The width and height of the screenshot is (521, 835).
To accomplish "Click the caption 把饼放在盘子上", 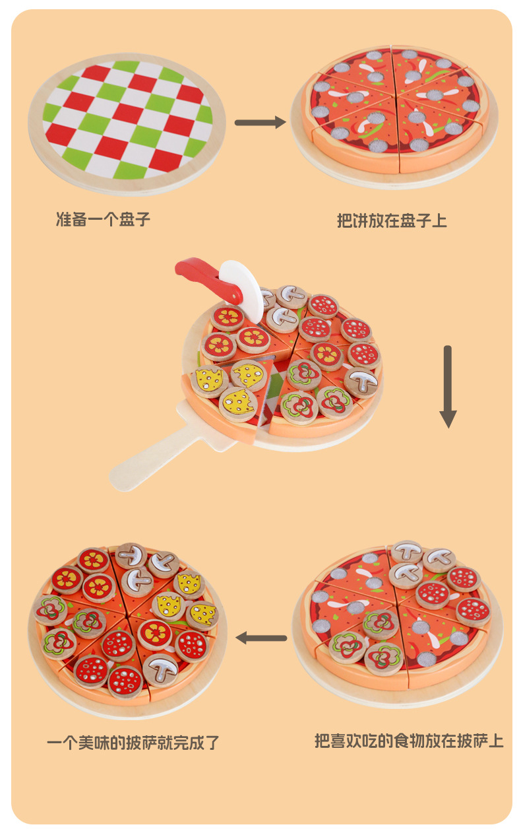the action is click(x=392, y=220).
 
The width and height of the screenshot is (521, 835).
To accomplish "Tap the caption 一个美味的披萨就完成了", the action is click(x=133, y=743).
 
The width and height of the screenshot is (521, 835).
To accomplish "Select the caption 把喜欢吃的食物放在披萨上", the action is click(x=409, y=741).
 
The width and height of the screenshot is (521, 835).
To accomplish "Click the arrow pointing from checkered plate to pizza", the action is click(x=260, y=122).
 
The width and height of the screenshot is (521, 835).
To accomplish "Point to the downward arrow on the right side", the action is click(x=448, y=386).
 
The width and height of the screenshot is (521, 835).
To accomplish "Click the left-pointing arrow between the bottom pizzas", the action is click(x=261, y=638).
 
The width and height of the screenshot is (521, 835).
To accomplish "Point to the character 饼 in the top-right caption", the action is click(x=365, y=220).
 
